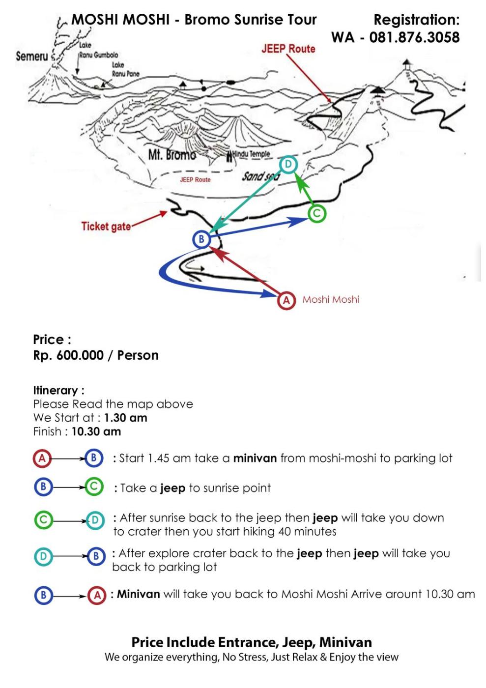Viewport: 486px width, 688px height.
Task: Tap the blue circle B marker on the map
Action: coord(201,240)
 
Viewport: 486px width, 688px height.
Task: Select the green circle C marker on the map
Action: coord(317,213)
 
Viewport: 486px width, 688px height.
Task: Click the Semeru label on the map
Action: coord(32,56)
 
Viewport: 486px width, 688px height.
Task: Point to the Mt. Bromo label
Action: coord(172,155)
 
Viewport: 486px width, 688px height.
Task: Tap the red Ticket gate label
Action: coord(106,227)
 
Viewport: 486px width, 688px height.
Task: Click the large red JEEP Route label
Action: coord(288,49)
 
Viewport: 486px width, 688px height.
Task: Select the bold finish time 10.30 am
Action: coord(96,431)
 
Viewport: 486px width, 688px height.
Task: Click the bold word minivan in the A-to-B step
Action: coord(255,459)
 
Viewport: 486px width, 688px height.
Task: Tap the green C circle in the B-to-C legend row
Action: coord(94,487)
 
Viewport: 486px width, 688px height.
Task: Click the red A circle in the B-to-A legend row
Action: coord(97,595)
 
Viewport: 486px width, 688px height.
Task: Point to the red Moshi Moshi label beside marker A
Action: coord(331,299)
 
